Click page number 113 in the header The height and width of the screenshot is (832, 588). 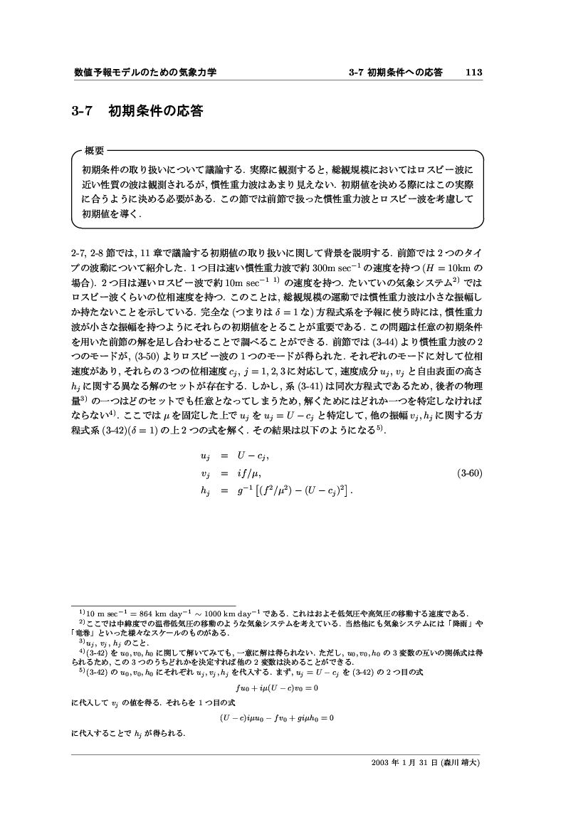pyautogui.click(x=474, y=73)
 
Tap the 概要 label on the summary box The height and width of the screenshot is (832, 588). pyautogui.click(x=94, y=151)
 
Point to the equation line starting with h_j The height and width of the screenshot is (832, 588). pyautogui.click(x=278, y=490)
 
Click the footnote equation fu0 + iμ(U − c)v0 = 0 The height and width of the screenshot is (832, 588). pyautogui.click(x=276, y=688)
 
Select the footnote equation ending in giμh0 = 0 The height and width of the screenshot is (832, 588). pyautogui.click(x=276, y=717)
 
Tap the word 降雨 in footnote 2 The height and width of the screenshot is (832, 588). pyautogui.click(x=467, y=623)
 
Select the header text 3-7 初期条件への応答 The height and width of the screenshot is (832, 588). pyautogui.click(x=397, y=73)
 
